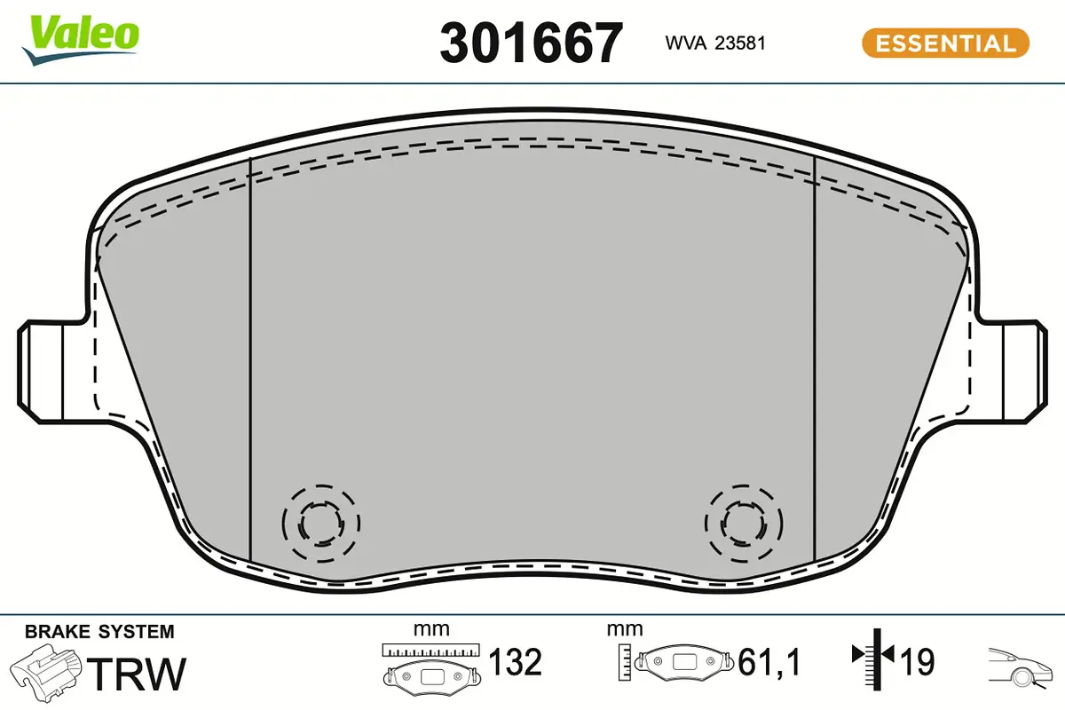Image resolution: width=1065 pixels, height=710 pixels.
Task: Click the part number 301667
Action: click(532, 42)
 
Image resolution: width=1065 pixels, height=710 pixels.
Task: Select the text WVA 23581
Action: click(715, 43)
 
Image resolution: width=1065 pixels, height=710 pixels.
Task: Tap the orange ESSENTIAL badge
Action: click(945, 43)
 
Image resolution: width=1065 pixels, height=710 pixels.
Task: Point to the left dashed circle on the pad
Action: click(320, 525)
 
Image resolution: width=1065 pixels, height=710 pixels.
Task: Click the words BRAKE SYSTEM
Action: click(99, 632)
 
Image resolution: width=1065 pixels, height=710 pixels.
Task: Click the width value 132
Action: click(515, 662)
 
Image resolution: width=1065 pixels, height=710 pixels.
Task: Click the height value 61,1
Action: click(769, 662)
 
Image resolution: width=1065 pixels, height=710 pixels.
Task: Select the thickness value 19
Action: click(917, 661)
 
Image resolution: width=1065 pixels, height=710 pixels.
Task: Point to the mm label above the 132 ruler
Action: click(431, 629)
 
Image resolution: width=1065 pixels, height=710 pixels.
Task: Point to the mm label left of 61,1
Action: click(624, 629)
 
